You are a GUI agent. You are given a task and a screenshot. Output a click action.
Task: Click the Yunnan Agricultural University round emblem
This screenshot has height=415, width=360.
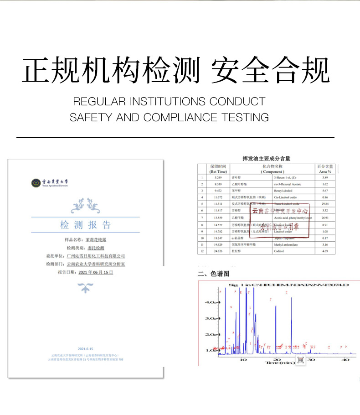coord(36,183)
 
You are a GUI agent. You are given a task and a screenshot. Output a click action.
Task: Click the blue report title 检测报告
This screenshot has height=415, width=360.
coord(85,225)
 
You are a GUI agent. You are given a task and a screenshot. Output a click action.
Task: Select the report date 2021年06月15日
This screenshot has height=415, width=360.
coord(95,272)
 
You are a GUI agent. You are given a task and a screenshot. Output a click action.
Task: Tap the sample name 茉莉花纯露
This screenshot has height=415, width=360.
coord(96,239)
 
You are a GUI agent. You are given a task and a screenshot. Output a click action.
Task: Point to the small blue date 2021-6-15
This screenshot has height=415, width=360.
coord(85,348)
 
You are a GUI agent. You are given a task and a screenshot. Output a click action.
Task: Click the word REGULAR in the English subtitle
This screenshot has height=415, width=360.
coord(100,101)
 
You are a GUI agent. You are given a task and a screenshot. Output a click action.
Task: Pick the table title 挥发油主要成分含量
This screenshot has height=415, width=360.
coord(267,159)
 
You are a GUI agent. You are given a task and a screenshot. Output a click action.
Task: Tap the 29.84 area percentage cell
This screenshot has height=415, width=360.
coord(325,203)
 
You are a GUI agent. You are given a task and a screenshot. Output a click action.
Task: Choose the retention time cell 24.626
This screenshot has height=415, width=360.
coord(217,251)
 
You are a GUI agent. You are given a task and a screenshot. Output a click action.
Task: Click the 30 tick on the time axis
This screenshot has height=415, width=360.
coord(311,360)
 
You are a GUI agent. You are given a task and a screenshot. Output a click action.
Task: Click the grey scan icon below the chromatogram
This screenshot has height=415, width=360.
coord(300,360)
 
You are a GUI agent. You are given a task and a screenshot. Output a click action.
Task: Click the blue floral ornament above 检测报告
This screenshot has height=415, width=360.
coord(85,206)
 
